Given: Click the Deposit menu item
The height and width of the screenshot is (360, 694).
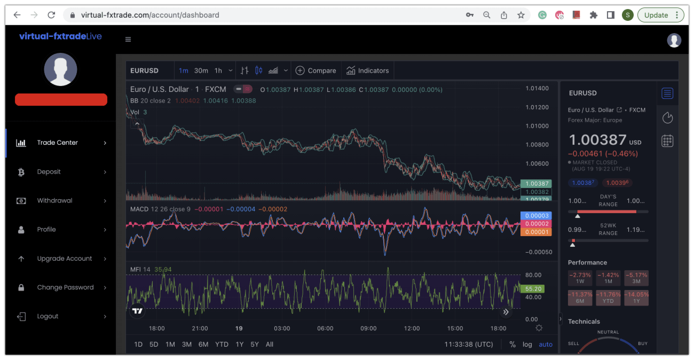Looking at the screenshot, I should [x=49, y=172].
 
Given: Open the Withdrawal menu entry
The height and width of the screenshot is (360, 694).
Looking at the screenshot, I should [x=54, y=201].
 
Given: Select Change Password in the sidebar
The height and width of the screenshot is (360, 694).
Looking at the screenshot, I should [x=65, y=287].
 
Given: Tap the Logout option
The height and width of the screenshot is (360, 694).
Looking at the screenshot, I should [x=48, y=316].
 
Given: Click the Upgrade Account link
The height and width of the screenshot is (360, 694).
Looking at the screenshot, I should [x=64, y=259].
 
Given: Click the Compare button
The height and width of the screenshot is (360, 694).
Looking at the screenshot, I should [x=316, y=71].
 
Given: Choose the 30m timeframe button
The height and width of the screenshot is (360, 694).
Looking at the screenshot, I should [x=201, y=71].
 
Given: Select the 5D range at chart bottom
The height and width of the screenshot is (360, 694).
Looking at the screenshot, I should [x=154, y=345].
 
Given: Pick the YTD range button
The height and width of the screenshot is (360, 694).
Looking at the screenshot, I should [x=222, y=345].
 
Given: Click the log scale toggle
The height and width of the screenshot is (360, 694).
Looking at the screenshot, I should [x=527, y=345].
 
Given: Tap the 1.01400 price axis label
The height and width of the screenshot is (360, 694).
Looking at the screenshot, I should [x=537, y=89].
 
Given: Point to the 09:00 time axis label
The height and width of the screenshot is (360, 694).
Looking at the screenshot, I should [x=368, y=328].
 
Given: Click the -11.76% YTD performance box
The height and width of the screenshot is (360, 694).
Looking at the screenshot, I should [x=608, y=298].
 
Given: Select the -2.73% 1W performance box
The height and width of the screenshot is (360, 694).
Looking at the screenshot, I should [x=580, y=278].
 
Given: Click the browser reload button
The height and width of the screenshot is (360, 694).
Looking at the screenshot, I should [x=51, y=15].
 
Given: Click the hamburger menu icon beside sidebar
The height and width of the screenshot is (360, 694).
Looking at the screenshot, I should [x=128, y=40].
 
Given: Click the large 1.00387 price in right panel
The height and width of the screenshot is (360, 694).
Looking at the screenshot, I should [x=597, y=140].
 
